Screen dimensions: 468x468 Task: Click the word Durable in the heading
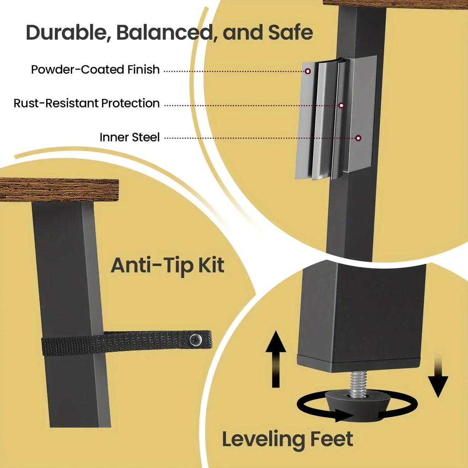click(x=67, y=32)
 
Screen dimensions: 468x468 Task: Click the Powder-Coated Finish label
click(x=95, y=69)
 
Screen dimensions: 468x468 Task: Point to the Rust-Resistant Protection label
click(x=86, y=103)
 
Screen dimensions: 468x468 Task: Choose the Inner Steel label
click(x=129, y=137)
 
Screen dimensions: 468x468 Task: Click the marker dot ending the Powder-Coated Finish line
click(x=308, y=71)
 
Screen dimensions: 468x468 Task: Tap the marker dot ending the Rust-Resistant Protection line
click(x=341, y=106)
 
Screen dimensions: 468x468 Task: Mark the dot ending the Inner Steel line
click(x=358, y=138)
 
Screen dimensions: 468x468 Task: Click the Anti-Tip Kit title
click(x=167, y=266)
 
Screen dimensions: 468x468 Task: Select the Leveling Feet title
click(x=287, y=439)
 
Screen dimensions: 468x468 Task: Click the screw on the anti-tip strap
click(x=196, y=339)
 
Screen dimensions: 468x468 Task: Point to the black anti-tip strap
click(x=127, y=343)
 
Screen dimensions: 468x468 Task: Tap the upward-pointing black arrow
click(x=276, y=359)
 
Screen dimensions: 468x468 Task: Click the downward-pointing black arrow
click(x=438, y=377)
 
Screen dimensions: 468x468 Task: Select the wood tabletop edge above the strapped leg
click(x=59, y=190)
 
